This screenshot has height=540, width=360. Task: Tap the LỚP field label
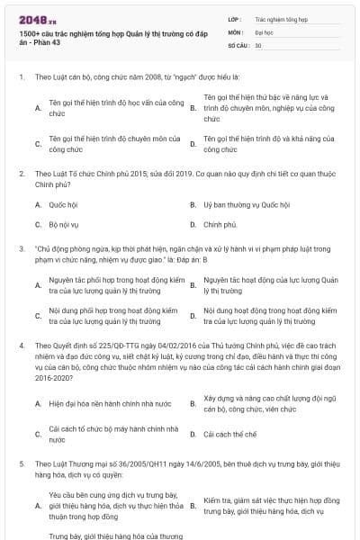[x=234, y=18]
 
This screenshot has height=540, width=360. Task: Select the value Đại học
[x=265, y=31]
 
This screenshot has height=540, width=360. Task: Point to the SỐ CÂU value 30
[x=258, y=43]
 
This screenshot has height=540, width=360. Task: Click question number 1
[x=21, y=77]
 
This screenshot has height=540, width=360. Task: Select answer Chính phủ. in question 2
[x=220, y=224]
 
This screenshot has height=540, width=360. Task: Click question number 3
[x=21, y=247]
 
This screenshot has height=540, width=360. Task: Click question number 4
[x=21, y=344]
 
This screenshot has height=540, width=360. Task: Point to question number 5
[x=21, y=463]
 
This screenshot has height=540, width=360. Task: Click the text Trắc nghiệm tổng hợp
[x=281, y=18]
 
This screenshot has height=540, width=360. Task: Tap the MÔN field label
[x=235, y=31]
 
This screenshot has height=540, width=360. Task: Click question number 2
[x=21, y=171]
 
